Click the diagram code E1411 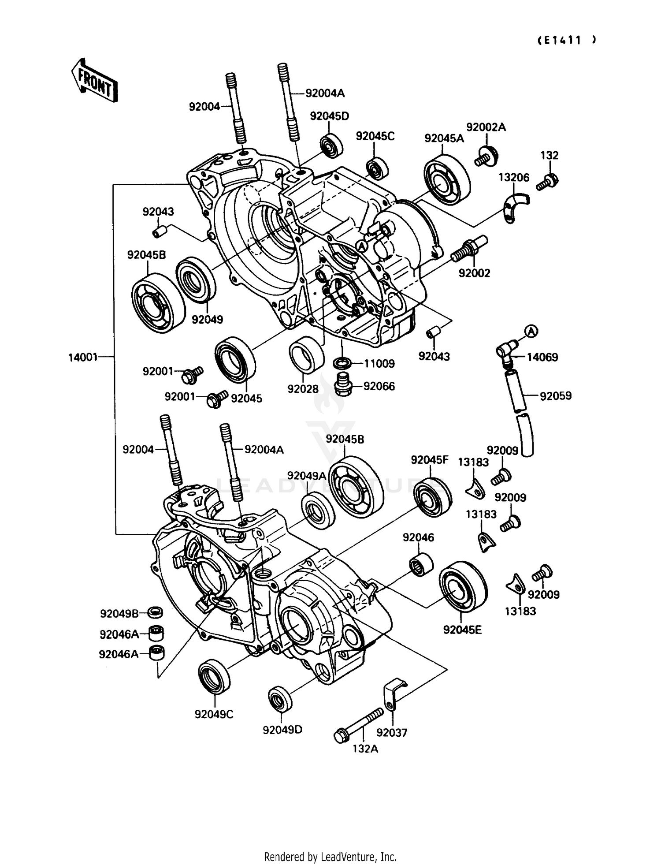(566, 40)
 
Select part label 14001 (82, 357)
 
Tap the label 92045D (329, 116)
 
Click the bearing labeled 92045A (447, 180)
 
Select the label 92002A (486, 127)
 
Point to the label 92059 (555, 396)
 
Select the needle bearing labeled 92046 (421, 564)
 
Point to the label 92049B (119, 613)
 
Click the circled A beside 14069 (531, 331)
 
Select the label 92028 (303, 389)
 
